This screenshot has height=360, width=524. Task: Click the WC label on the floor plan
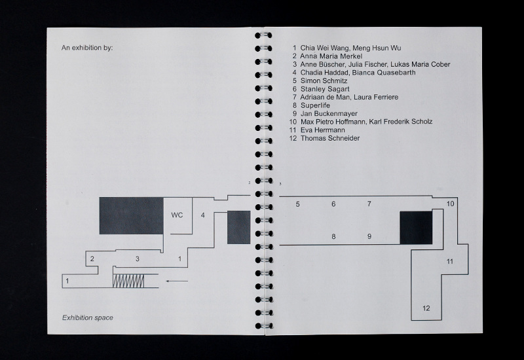click(177, 215)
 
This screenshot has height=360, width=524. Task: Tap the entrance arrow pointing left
click(177, 281)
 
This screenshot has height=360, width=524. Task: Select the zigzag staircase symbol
click(128, 281)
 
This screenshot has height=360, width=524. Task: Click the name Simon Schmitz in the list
click(324, 81)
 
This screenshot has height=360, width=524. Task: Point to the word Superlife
click(315, 105)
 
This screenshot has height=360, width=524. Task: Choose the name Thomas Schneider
click(330, 138)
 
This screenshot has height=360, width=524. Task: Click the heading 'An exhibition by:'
click(87, 48)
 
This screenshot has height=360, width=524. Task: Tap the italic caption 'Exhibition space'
click(88, 317)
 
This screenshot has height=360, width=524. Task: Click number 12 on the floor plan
click(426, 308)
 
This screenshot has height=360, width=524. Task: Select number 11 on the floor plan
click(450, 261)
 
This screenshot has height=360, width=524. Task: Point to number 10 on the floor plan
click(450, 204)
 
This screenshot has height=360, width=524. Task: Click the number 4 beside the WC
click(202, 215)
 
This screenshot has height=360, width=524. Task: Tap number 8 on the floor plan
click(333, 237)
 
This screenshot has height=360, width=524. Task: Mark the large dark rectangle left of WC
click(132, 215)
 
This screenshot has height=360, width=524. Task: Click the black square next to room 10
click(416, 228)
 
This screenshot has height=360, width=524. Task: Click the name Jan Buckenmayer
click(329, 113)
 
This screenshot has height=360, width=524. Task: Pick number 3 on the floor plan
click(137, 259)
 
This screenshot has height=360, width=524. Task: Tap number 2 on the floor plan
click(92, 259)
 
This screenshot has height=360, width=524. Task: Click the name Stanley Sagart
click(325, 89)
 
